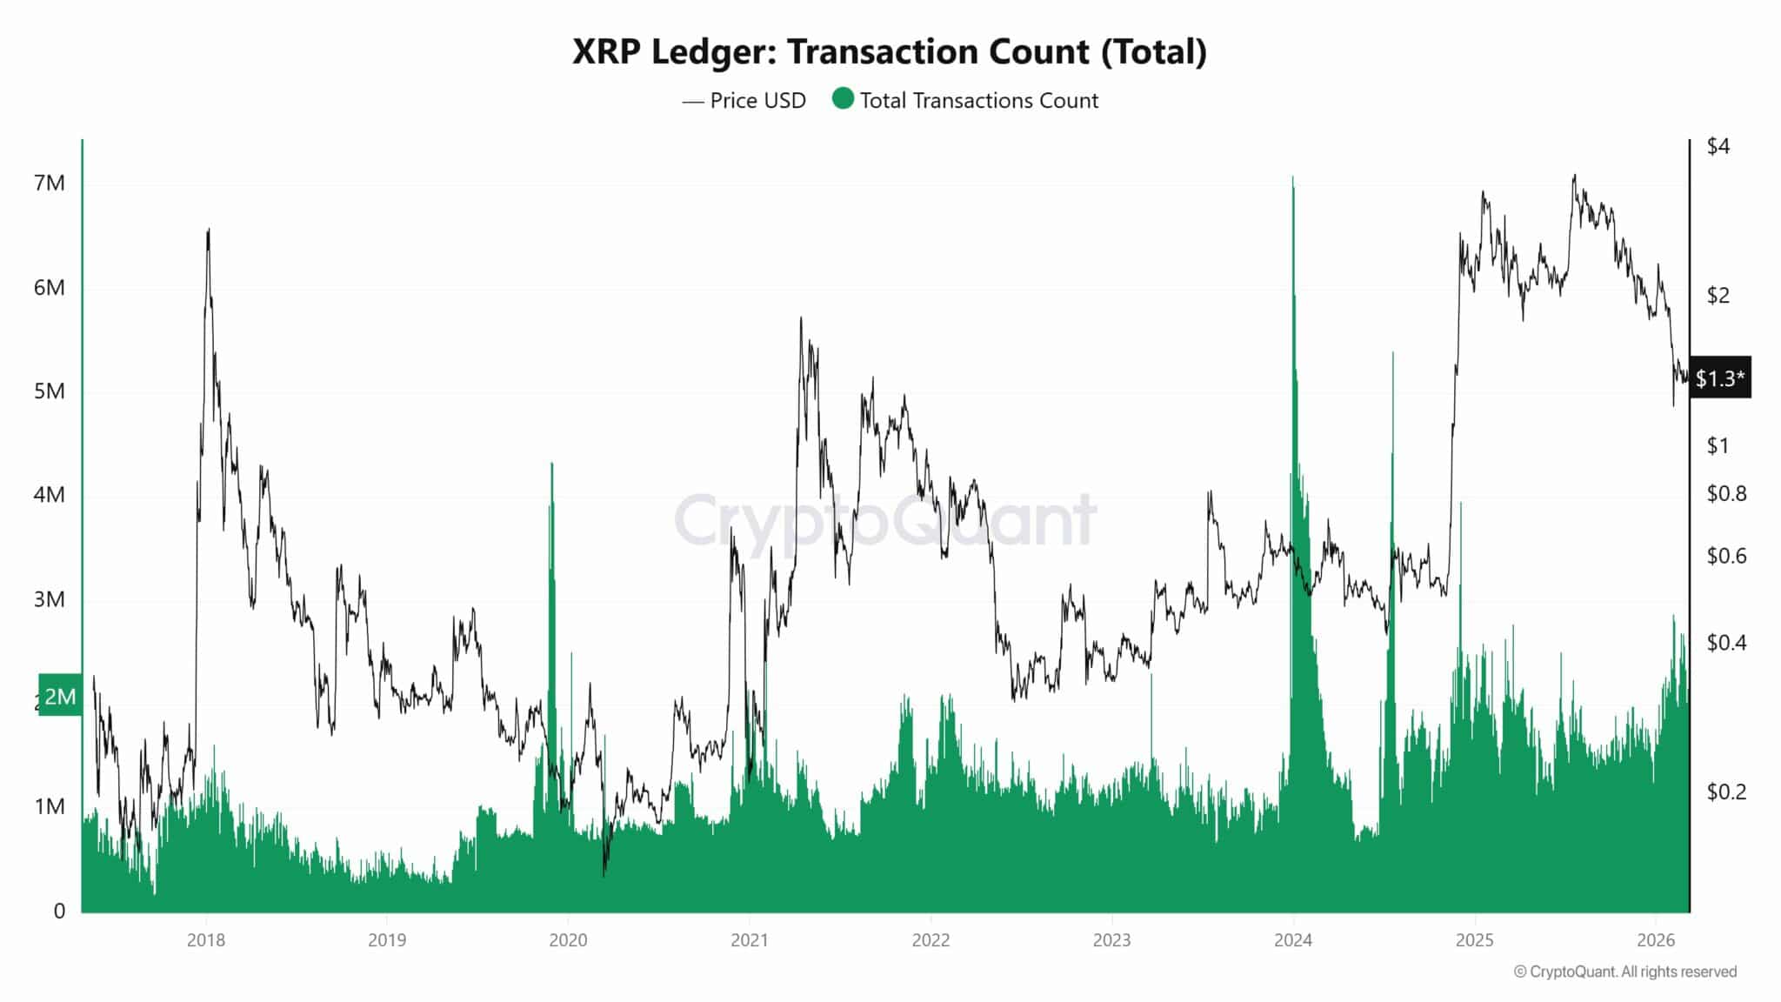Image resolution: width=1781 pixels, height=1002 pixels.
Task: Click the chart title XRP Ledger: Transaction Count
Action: pos(889,52)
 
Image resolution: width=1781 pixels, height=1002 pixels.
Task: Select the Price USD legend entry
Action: pos(744,101)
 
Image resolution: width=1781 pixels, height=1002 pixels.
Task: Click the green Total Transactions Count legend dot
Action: pos(843,98)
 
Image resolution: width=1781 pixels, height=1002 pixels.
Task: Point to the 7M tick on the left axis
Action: pos(50,184)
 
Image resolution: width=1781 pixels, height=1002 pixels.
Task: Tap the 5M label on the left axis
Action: pos(50,391)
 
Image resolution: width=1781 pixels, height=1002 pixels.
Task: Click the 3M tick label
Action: pos(50,599)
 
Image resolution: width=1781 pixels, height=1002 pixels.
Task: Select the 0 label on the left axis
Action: pos(59,911)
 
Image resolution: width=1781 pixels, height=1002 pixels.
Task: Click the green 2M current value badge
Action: pos(60,696)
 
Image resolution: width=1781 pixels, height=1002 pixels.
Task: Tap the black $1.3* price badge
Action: pos(1719,378)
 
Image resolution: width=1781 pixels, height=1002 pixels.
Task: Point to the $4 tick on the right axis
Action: pos(1718,146)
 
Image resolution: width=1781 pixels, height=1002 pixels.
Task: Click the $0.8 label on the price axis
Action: pos(1725,494)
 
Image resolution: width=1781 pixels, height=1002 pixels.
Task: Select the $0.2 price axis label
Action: pos(1725,792)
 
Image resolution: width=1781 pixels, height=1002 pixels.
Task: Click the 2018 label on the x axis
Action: pos(206,940)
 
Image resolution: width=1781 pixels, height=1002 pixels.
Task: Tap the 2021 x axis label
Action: pos(749,940)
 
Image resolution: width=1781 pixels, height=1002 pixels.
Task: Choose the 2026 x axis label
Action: pos(1656,940)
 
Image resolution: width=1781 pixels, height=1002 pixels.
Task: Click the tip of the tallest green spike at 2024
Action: pos(1293,177)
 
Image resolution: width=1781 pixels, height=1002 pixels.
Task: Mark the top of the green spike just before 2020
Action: pos(551,464)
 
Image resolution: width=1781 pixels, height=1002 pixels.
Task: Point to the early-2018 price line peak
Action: pos(209,230)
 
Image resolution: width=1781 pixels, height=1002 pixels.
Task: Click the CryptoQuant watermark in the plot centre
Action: pos(884,520)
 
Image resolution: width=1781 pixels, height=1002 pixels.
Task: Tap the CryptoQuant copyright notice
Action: pos(1624,972)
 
